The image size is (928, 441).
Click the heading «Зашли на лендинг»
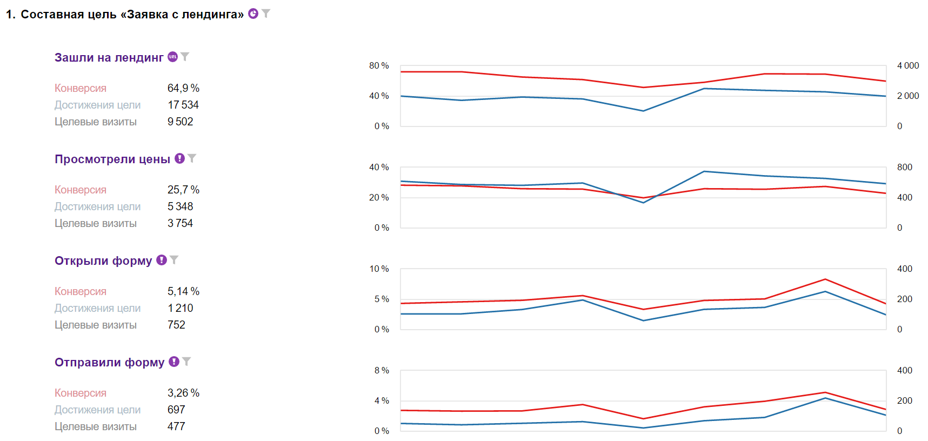pos(109,58)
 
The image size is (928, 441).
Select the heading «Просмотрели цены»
pos(112,159)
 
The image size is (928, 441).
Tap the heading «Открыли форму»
pos(103,261)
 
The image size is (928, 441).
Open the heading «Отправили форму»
pos(109,363)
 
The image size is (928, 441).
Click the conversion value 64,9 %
pos(183,88)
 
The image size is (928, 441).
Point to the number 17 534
pos(183,105)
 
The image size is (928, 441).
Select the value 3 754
pos(180,223)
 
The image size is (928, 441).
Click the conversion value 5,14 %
pos(183,291)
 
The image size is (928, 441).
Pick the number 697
pos(176,410)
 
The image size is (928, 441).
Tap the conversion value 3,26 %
pos(183,393)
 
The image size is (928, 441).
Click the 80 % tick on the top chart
pos(379,65)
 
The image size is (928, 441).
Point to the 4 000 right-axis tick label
pos(907,65)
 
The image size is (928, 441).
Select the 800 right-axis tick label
pos(904,167)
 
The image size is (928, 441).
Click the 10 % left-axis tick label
pos(379,269)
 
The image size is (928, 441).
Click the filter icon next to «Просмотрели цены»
pos(192,158)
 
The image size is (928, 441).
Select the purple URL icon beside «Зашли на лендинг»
pos(172,57)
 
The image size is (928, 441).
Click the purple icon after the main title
pos(253,14)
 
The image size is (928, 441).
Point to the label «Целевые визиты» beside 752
pos(95,325)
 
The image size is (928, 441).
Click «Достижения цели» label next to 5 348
pos(97,206)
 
